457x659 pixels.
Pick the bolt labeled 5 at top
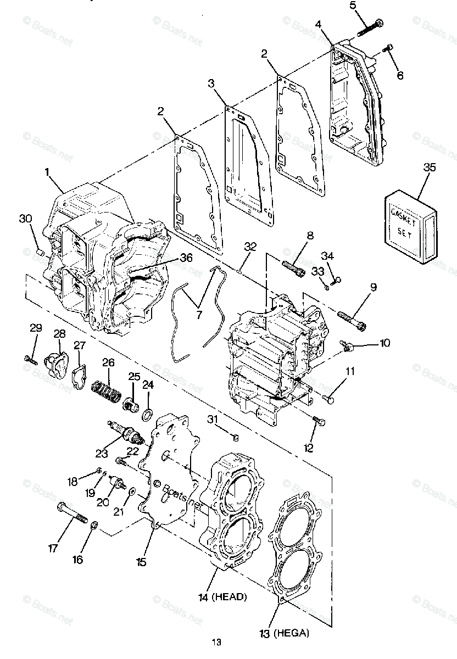click(x=371, y=26)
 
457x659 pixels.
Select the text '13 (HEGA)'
click(x=284, y=633)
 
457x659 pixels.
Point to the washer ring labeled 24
click(x=147, y=413)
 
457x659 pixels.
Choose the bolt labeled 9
click(x=350, y=321)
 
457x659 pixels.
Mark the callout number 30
click(x=25, y=218)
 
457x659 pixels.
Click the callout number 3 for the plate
click(x=211, y=83)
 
